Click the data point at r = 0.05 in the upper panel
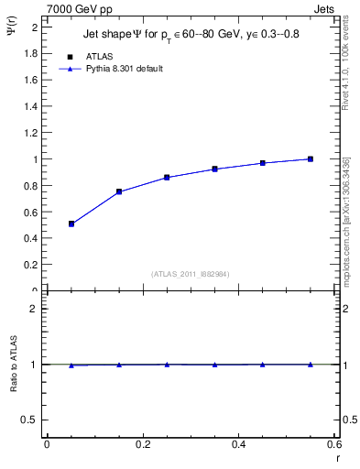[x=71, y=224]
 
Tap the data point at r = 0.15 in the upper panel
[x=119, y=191]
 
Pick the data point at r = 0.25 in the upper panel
[x=167, y=177]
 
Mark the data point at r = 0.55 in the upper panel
[x=311, y=158]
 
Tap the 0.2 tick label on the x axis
[x=143, y=444]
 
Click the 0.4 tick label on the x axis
[x=239, y=444]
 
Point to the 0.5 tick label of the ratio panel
[x=29, y=420]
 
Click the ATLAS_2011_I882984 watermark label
[x=191, y=274]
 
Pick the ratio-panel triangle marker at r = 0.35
[x=214, y=365]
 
